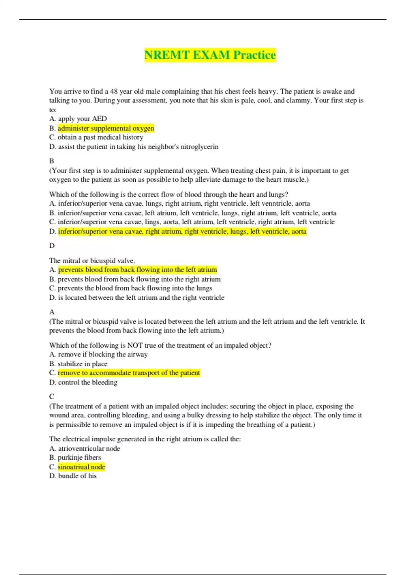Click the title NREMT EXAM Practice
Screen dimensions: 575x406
click(x=210, y=55)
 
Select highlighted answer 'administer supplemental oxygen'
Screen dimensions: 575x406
click(x=106, y=128)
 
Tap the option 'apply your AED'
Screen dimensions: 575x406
click(x=82, y=119)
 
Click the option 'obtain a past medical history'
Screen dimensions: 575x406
click(x=100, y=137)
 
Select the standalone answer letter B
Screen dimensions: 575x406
click(x=52, y=161)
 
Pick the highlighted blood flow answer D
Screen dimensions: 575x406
click(x=182, y=231)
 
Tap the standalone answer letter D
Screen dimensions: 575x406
click(x=52, y=246)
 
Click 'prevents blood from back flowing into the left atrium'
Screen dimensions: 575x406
click(x=137, y=270)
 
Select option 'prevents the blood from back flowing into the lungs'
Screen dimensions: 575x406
click(x=135, y=288)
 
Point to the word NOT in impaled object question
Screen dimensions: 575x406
click(x=135, y=345)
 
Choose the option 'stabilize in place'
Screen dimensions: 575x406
click(x=83, y=364)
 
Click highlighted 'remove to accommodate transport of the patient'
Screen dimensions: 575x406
click(x=129, y=373)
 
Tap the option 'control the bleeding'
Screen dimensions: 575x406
click(x=88, y=383)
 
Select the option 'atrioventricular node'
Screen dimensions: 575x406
click(x=89, y=448)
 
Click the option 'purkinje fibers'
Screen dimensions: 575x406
click(x=79, y=458)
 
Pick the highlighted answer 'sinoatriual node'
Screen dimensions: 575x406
click(x=82, y=467)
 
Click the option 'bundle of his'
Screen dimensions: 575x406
click(x=77, y=476)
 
